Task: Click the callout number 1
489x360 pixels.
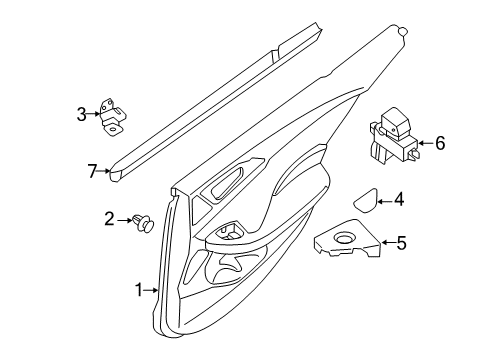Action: (x=139, y=291)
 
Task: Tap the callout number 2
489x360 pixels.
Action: (x=110, y=218)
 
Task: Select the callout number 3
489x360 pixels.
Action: (x=82, y=115)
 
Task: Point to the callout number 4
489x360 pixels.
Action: (x=398, y=200)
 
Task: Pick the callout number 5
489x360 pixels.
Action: (x=401, y=241)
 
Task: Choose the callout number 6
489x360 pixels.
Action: (x=439, y=143)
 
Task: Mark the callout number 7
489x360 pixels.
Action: (x=91, y=171)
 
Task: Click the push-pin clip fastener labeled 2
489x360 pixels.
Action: (x=143, y=222)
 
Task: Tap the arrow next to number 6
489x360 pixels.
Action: (x=423, y=143)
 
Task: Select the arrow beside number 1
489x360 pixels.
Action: (x=153, y=291)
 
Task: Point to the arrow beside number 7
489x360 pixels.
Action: (x=105, y=172)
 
